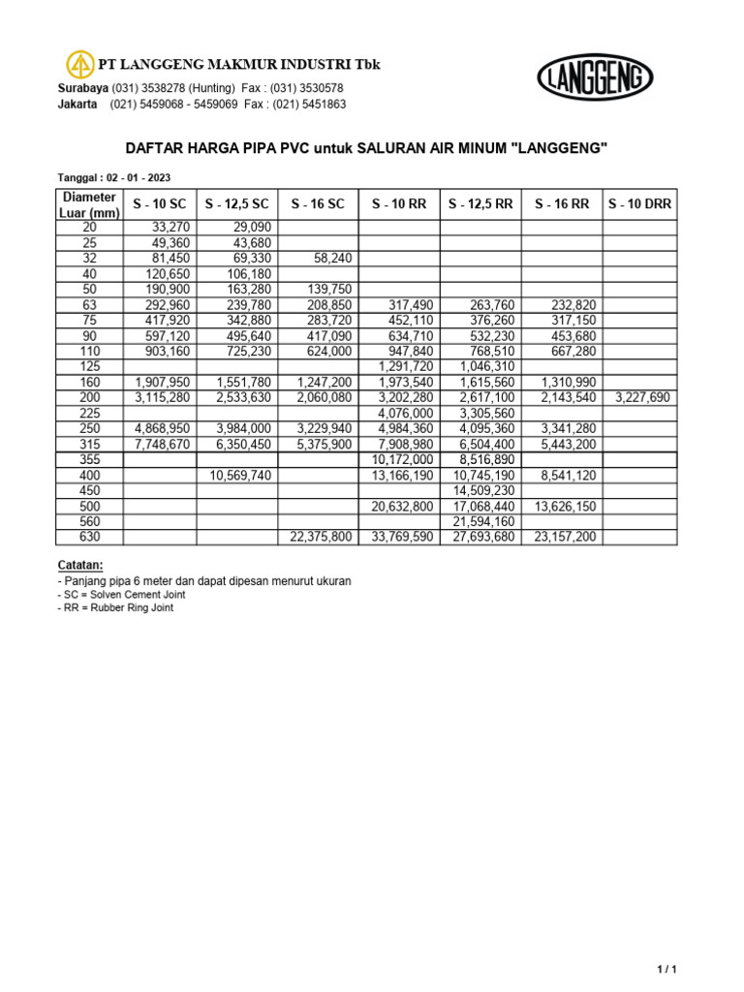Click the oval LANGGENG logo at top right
click(595, 77)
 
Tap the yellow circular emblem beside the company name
click(79, 65)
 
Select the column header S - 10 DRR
click(639, 204)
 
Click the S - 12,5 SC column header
click(237, 204)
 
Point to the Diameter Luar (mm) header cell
click(90, 204)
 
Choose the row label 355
click(90, 460)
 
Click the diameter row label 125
click(90, 367)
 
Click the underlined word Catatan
click(80, 565)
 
